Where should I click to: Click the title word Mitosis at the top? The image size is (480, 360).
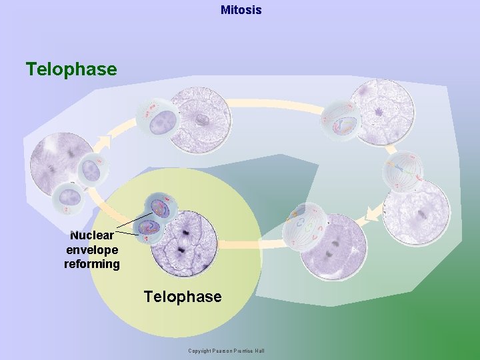coord(241,10)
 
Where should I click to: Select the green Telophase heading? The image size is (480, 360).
coord(71,69)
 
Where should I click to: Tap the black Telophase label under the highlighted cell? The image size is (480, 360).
coord(183,297)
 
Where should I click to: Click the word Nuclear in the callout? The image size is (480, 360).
coord(92,235)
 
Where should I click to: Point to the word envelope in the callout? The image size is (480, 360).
coord(92,250)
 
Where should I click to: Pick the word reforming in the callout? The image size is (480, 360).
coord(92,264)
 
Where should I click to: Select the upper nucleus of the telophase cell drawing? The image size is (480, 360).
coord(160,207)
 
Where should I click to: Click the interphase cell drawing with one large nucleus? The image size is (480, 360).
coord(157,120)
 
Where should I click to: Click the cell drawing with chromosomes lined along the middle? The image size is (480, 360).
coord(402,171)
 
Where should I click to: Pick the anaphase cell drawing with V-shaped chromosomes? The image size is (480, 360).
coord(303,226)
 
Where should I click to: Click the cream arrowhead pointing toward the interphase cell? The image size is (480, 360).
coord(105,142)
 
